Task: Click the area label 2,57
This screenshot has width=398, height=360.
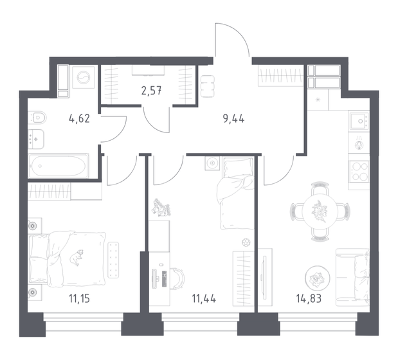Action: coord(151,89)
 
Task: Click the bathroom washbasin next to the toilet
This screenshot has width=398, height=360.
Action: coord(36,137)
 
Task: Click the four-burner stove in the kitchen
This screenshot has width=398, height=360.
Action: coord(358,172)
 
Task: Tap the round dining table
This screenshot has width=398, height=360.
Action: coord(320,210)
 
